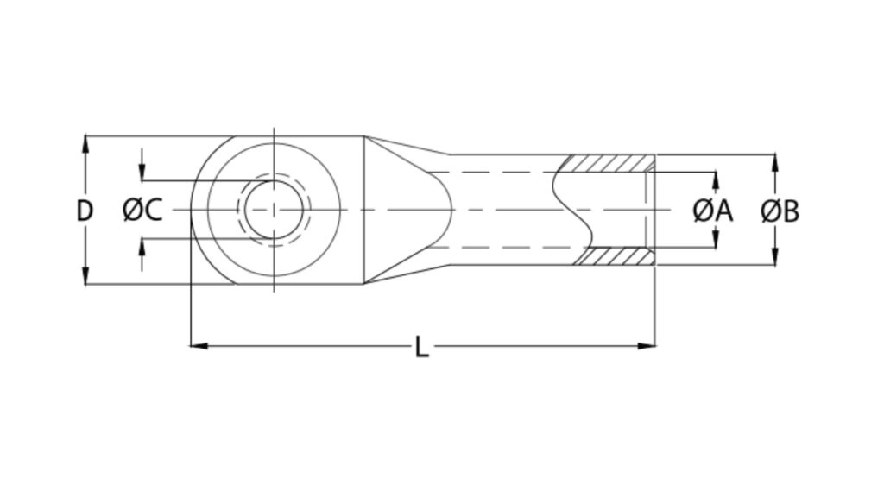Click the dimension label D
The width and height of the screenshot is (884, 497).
tap(84, 211)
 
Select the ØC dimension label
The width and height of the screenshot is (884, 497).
tap(142, 211)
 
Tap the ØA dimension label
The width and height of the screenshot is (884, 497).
tap(713, 211)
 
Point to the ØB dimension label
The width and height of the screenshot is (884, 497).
tap(780, 211)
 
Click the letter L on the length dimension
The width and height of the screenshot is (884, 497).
tap(421, 348)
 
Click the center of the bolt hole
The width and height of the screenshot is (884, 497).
tap(274, 210)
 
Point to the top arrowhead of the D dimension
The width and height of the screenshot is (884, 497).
tap(85, 143)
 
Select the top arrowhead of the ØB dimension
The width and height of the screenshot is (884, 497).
tap(775, 163)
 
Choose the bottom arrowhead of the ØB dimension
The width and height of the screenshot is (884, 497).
tap(775, 257)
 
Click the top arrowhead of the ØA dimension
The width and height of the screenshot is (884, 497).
tap(715, 179)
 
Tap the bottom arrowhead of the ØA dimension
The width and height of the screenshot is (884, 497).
tap(715, 240)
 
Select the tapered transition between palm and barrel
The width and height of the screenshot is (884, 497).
tap(406, 210)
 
